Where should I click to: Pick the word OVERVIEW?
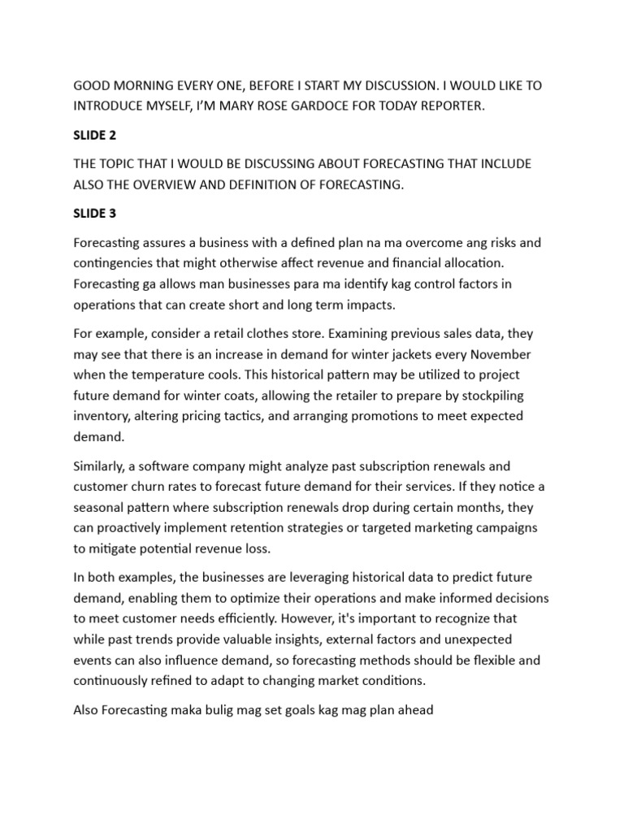[175, 184]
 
